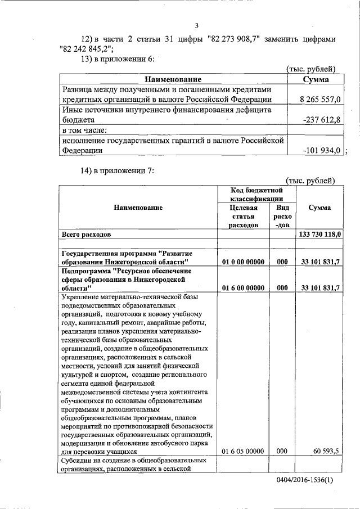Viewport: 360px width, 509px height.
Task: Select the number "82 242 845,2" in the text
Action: point(86,49)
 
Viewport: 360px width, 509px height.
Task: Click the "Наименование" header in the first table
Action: point(173,79)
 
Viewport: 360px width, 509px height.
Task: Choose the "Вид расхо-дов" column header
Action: point(282,217)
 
